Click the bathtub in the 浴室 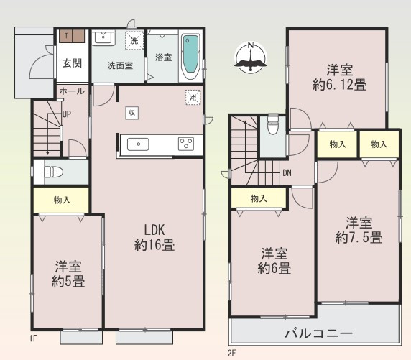pyautogui.click(x=191, y=57)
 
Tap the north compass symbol pyautogui.click(x=251, y=57)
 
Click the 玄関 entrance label pyautogui.click(x=72, y=63)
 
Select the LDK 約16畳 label pyautogui.click(x=154, y=238)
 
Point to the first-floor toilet pyautogui.click(x=54, y=172)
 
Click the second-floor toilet pyautogui.click(x=273, y=125)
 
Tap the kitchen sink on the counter pyautogui.click(x=138, y=144)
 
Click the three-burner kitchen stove pyautogui.click(x=186, y=144)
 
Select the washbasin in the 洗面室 pyautogui.click(x=103, y=37)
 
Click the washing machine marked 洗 pyautogui.click(x=134, y=40)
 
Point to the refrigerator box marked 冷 pyautogui.click(x=193, y=98)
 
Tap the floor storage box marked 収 pyautogui.click(x=131, y=113)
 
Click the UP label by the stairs pyautogui.click(x=67, y=114)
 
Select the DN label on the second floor pyautogui.click(x=287, y=172)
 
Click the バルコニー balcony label pyautogui.click(x=319, y=333)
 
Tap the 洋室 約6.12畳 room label pyautogui.click(x=340, y=78)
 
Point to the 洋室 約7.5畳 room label pyautogui.click(x=359, y=230)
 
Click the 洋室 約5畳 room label pyautogui.click(x=68, y=274)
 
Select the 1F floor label pyautogui.click(x=33, y=338)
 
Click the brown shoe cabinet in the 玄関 pyautogui.click(x=72, y=36)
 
